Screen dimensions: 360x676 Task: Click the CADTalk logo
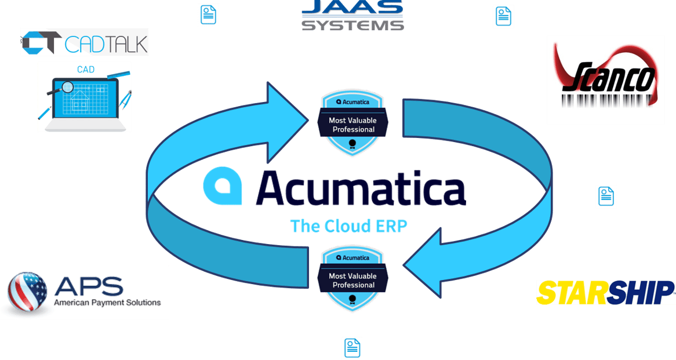[84, 42]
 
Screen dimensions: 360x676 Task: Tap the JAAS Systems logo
[352, 16]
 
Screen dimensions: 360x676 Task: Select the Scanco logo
[606, 79]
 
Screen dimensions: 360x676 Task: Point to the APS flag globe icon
[27, 293]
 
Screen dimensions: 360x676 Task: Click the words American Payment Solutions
[107, 303]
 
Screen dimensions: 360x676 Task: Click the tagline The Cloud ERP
[348, 226]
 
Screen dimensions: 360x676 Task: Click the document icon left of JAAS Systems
[209, 15]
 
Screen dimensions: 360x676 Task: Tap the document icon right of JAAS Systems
[503, 16]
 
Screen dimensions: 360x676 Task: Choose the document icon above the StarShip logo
[606, 197]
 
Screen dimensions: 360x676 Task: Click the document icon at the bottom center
[352, 348]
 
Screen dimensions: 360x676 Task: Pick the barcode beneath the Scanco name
[606, 100]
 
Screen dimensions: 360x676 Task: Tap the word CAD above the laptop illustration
[86, 70]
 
